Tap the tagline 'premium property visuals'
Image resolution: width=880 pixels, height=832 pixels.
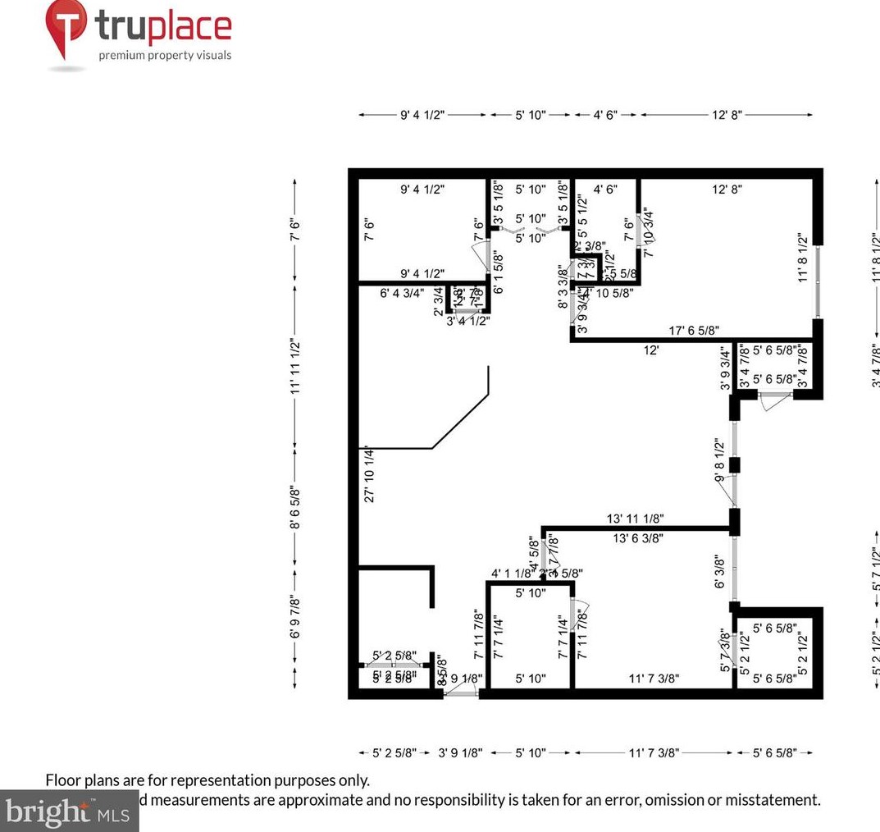tap(165, 56)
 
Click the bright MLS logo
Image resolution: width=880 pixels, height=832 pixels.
tap(69, 811)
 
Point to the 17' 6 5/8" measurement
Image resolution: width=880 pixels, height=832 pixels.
tap(694, 330)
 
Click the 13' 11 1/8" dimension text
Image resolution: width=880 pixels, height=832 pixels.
tap(636, 518)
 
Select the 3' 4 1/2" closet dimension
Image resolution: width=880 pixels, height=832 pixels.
tap(467, 322)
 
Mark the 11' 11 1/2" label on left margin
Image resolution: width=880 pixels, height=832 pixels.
tap(295, 367)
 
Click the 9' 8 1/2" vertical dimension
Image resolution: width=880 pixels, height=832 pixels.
tap(719, 459)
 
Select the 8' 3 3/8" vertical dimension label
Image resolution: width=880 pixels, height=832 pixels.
tap(562, 286)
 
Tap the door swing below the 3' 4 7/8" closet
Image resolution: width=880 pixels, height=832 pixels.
tap(768, 403)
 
